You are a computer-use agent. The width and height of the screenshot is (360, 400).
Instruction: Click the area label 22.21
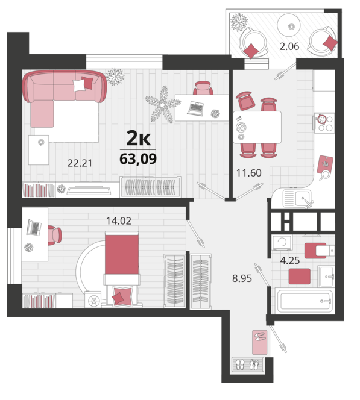coord(80,163)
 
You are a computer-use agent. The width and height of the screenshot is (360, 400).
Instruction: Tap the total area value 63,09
coord(138,159)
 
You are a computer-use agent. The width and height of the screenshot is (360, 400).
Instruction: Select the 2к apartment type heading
coord(139,139)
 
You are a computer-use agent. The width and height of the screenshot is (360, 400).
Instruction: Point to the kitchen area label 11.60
coord(249,173)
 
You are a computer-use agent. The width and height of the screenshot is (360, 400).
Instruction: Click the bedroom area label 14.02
coord(119,221)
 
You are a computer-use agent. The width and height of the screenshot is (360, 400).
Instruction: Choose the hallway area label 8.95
coord(242,278)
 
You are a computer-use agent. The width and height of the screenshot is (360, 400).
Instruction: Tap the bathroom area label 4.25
coord(290,261)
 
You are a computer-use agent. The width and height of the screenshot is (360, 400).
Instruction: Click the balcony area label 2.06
coord(289,46)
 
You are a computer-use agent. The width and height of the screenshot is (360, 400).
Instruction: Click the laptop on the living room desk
coord(195,108)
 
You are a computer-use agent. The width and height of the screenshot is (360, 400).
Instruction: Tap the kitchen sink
coord(297,198)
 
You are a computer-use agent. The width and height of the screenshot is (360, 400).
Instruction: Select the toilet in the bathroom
coord(320,250)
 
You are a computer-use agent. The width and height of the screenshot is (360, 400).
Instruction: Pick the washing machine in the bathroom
coord(282,243)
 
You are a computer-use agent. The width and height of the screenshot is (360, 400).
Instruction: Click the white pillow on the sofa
coord(79,85)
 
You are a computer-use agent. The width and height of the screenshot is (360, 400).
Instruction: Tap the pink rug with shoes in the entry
coord(260,342)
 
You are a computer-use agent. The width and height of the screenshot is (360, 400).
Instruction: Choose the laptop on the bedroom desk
coord(34,228)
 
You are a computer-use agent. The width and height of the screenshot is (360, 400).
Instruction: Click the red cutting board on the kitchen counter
coord(325,164)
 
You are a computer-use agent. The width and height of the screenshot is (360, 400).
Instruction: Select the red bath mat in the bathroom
coord(300,277)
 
